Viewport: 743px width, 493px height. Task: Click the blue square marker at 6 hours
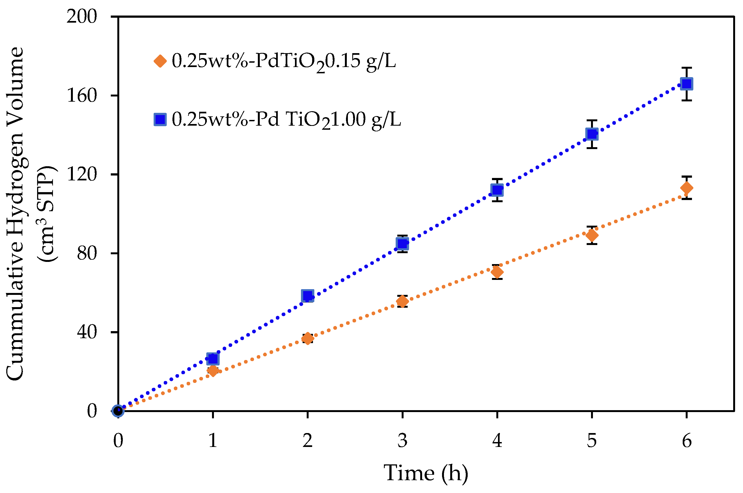pos(686,84)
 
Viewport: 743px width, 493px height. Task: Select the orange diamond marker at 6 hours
pos(686,188)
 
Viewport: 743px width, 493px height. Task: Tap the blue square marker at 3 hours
pos(402,243)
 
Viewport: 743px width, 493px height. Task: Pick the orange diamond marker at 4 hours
pos(497,272)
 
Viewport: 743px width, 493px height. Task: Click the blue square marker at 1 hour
pos(213,358)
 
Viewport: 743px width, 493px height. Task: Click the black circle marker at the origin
pos(118,411)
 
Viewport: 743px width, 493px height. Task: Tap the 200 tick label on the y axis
pos(82,16)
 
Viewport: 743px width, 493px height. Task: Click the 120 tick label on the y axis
pos(82,174)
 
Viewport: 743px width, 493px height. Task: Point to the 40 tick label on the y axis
pos(86,332)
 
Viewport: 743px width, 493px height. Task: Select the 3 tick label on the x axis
pos(402,440)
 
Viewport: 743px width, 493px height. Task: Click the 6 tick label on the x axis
pos(687,440)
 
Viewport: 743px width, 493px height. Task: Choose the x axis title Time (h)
pos(426,473)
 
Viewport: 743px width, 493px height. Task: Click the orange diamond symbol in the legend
pos(160,61)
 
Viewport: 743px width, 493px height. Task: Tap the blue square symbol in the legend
pos(160,119)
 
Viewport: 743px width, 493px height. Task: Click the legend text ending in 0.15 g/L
pos(283,61)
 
